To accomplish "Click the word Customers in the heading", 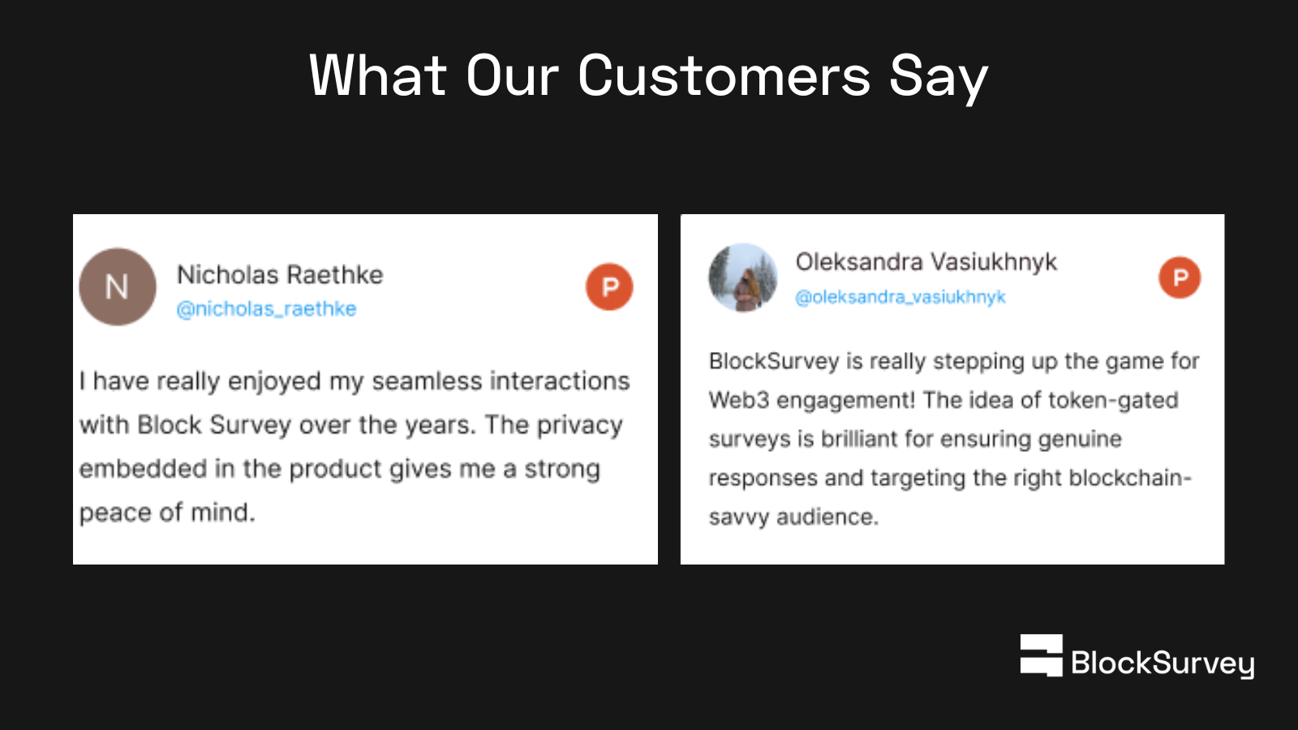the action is point(724,76).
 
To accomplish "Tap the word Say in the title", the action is point(939,78).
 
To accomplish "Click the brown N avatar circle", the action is point(118,287).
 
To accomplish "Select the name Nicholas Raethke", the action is point(280,275).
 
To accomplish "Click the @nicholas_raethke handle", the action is point(267,309).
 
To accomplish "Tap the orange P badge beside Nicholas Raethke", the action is point(609,287).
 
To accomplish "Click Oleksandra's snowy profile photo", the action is point(743,277).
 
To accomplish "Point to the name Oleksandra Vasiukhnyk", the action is point(926,262).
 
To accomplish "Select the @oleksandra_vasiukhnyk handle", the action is point(900,297).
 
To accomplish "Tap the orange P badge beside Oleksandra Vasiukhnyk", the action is point(1180,277).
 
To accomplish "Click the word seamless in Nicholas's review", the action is point(427,381).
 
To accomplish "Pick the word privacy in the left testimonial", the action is point(579,426).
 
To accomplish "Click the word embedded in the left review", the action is point(143,469).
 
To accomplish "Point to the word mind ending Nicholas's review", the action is point(223,512).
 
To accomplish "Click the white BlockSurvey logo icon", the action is point(1042,655).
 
